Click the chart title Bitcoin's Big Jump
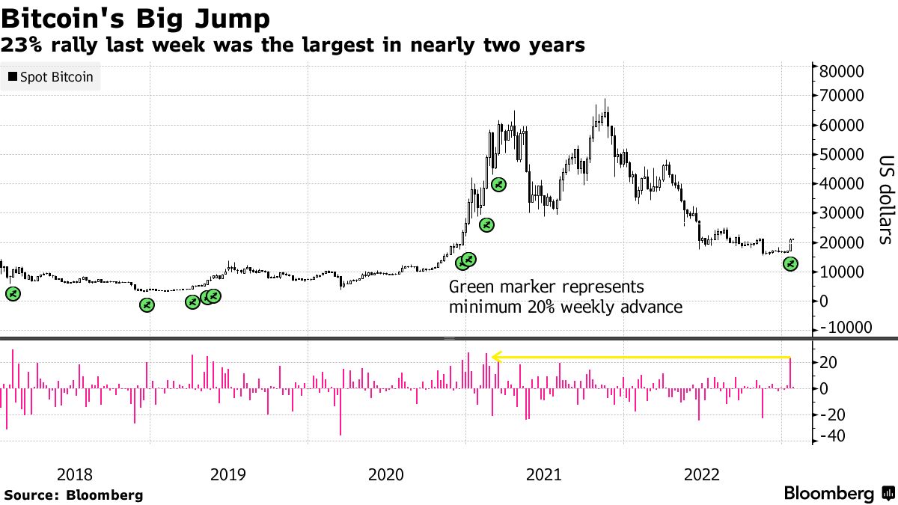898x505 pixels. point(135,17)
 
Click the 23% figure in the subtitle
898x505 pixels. point(22,46)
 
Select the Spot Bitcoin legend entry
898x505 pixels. point(51,77)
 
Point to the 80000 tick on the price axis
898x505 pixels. point(841,73)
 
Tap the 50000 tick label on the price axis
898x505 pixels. point(841,154)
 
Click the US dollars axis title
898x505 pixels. point(885,200)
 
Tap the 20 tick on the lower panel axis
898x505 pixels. point(829,362)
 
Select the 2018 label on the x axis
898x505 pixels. point(75,474)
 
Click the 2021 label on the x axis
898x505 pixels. point(545,474)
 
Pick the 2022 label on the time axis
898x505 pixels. point(703,474)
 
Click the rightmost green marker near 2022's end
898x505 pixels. point(791,264)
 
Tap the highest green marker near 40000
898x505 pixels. point(498,184)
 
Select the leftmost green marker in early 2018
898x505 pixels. point(13,294)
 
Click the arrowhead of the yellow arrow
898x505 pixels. point(495,358)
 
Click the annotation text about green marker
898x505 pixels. point(565,297)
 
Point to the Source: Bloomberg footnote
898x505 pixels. point(73,495)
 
